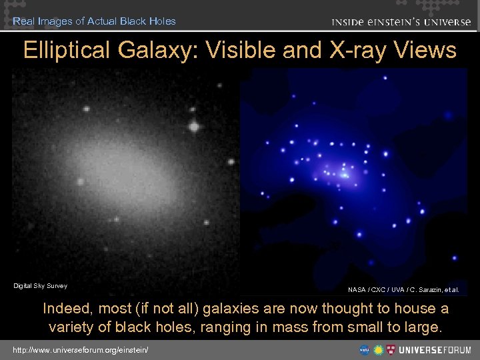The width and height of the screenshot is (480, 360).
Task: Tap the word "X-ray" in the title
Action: [347, 51]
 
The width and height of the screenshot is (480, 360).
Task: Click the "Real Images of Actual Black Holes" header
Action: [94, 21]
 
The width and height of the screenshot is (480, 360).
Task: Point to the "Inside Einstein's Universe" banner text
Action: [401, 22]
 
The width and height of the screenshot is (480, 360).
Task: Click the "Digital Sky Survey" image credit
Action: [41, 286]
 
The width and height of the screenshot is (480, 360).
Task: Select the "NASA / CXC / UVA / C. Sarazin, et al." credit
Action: [403, 290]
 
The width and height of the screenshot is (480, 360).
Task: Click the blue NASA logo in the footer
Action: [365, 349]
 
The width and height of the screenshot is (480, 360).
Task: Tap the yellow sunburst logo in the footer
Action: [378, 349]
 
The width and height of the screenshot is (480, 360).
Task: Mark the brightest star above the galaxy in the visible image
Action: [194, 125]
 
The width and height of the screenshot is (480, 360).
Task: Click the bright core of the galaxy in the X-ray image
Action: [345, 174]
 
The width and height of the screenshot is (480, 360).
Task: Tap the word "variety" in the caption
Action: [71, 328]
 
